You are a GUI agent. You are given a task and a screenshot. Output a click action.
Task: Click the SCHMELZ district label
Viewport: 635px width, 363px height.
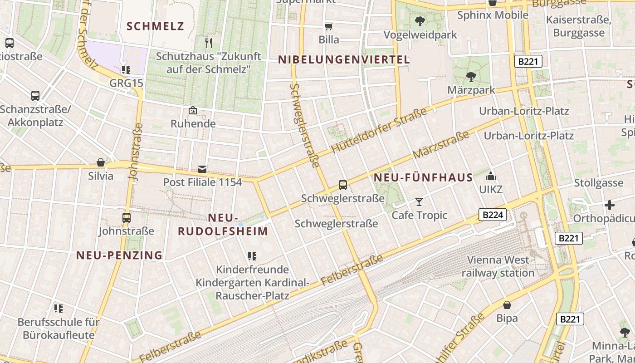156,26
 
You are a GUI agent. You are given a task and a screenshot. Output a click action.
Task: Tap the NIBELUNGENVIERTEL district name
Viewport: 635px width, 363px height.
344,59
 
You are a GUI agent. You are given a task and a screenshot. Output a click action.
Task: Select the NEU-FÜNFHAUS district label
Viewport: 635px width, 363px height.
423,177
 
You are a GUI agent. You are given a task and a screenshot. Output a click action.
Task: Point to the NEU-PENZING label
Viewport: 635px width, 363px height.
119,255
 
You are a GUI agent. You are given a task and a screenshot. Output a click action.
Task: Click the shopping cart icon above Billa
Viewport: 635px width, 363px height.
329,27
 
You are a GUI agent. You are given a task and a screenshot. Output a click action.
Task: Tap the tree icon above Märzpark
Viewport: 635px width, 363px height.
471,77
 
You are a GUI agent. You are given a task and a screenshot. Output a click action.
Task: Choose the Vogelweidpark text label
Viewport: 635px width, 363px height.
420,35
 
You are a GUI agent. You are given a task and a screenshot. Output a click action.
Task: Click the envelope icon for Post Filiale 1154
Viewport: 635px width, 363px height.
202,169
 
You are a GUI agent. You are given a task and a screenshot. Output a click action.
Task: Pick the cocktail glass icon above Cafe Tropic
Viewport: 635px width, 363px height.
419,202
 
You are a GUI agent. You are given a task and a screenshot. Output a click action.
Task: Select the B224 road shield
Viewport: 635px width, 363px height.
493,215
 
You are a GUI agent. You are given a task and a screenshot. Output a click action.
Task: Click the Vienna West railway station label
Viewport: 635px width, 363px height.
498,266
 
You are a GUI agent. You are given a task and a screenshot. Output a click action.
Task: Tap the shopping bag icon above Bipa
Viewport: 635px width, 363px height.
507,305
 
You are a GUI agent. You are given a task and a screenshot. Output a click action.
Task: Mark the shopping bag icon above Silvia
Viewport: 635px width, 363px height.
101,162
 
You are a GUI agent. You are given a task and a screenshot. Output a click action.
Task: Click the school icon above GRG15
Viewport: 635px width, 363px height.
126,69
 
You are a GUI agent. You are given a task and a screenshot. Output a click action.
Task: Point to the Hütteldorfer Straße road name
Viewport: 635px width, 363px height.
379,130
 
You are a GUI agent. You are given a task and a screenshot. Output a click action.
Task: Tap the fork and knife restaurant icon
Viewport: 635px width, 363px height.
209,43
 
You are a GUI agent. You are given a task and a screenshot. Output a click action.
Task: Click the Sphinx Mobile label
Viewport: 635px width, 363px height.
493,15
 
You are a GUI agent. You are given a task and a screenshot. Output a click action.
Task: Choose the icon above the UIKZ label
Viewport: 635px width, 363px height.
491,176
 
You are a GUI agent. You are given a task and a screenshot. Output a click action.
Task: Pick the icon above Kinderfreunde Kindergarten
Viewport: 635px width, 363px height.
252,256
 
